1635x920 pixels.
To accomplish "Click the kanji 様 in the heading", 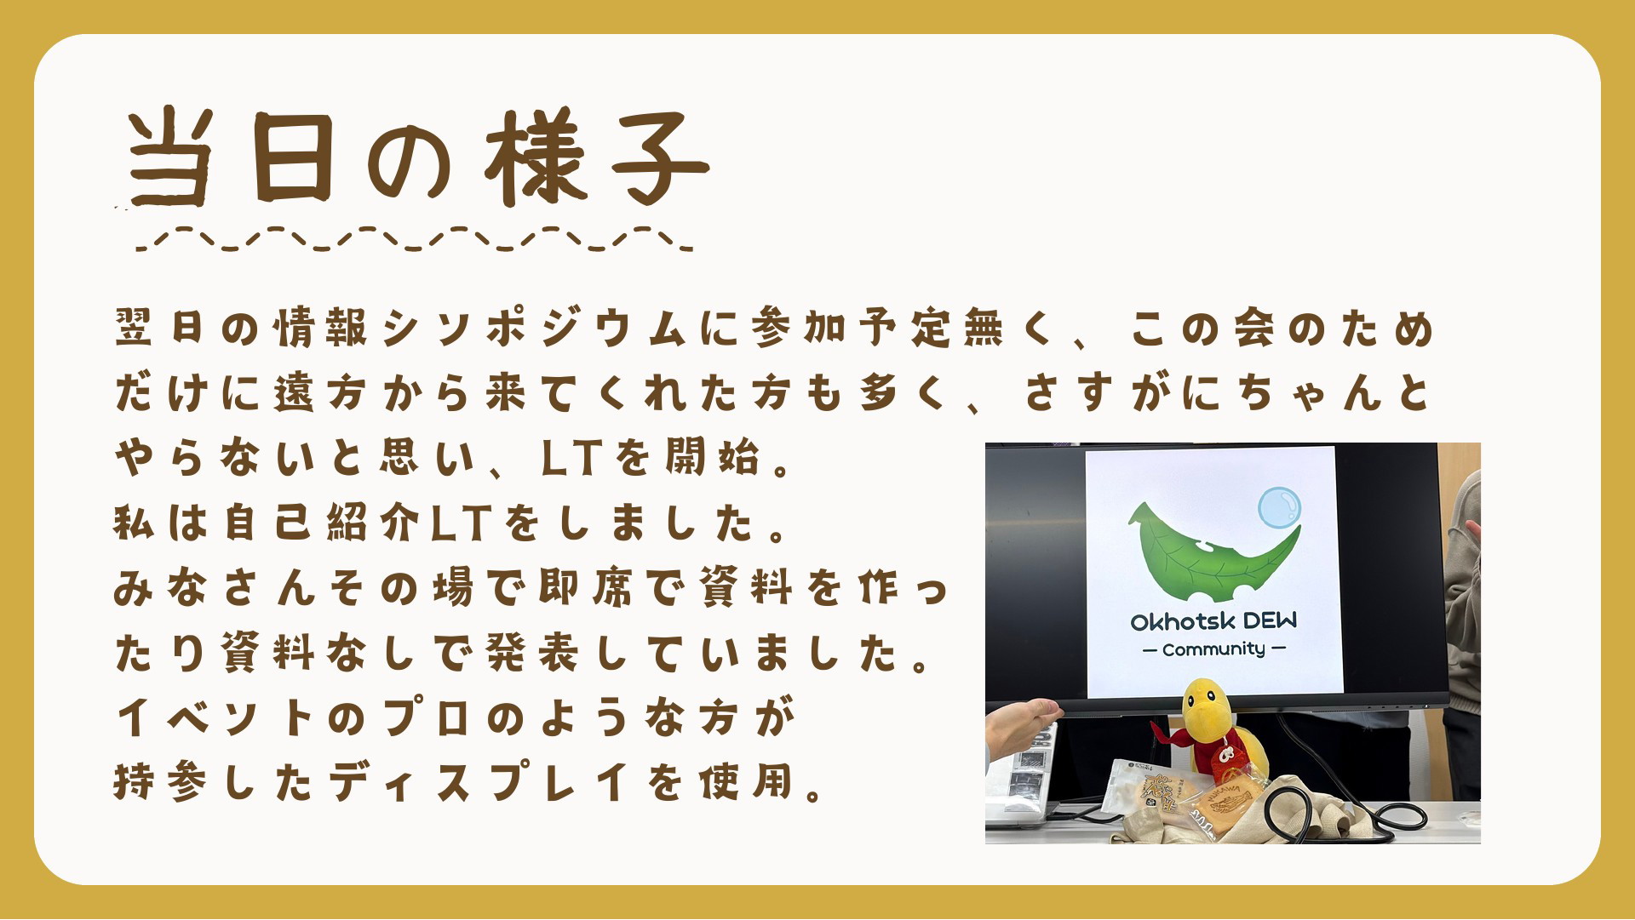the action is (x=536, y=158).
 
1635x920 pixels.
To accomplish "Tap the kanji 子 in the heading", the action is (x=661, y=158).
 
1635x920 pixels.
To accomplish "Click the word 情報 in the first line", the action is (x=321, y=329).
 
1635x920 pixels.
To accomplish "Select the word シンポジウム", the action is (x=534, y=329).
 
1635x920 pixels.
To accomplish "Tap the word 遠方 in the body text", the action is (x=321, y=393).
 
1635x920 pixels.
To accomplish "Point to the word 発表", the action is (x=534, y=653).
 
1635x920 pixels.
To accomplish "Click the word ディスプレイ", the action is (x=481, y=782).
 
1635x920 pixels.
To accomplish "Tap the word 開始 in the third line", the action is (x=712, y=458).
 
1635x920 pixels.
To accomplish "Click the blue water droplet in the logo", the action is (x=1280, y=507).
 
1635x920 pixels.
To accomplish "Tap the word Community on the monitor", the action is (x=1213, y=649).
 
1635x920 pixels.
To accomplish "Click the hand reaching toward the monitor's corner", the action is (x=1022, y=726).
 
